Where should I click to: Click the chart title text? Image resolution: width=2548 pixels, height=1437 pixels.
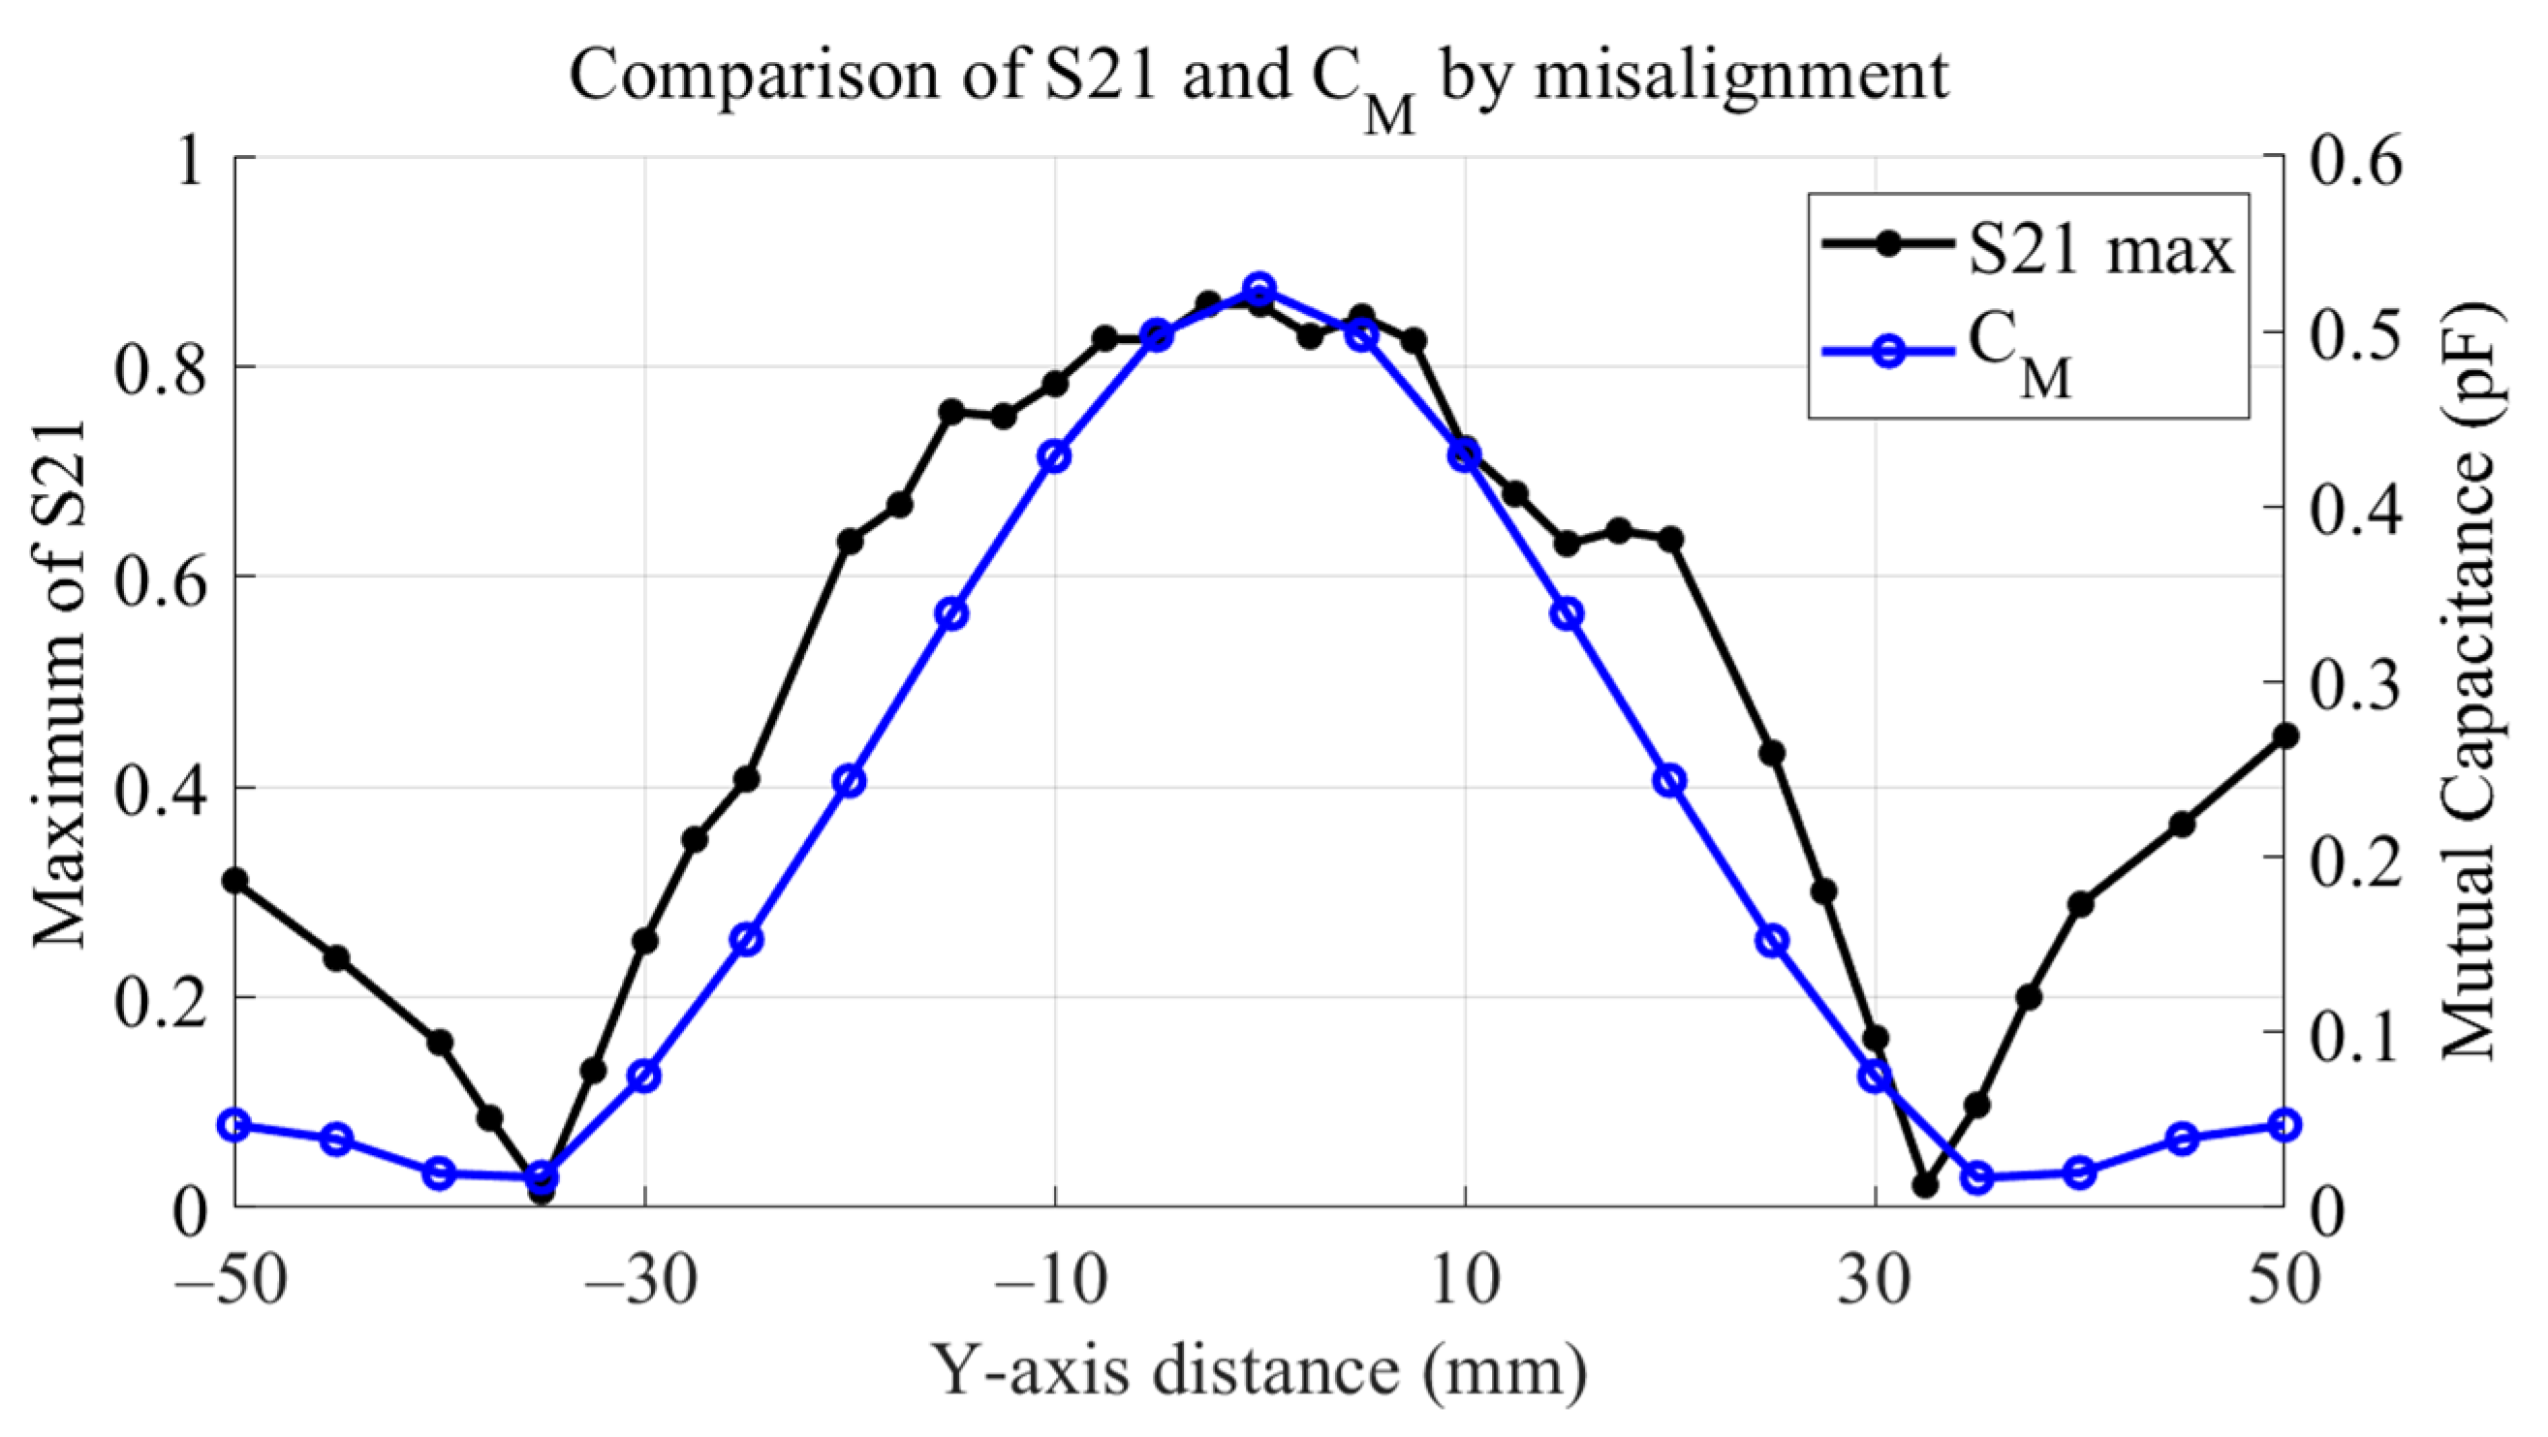(1258, 79)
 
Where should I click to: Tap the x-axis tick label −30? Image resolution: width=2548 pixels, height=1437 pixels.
(644, 1282)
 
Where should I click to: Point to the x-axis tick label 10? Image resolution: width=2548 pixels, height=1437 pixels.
(1464, 1282)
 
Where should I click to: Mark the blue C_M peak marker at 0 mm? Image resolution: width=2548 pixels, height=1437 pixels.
(1259, 289)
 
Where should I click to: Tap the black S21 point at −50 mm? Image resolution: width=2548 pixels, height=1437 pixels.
(235, 879)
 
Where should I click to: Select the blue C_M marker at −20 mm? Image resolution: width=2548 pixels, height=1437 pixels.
(849, 781)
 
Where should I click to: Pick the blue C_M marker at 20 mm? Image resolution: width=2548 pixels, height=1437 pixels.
(1669, 781)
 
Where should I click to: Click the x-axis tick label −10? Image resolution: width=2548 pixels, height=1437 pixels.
(1054, 1282)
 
